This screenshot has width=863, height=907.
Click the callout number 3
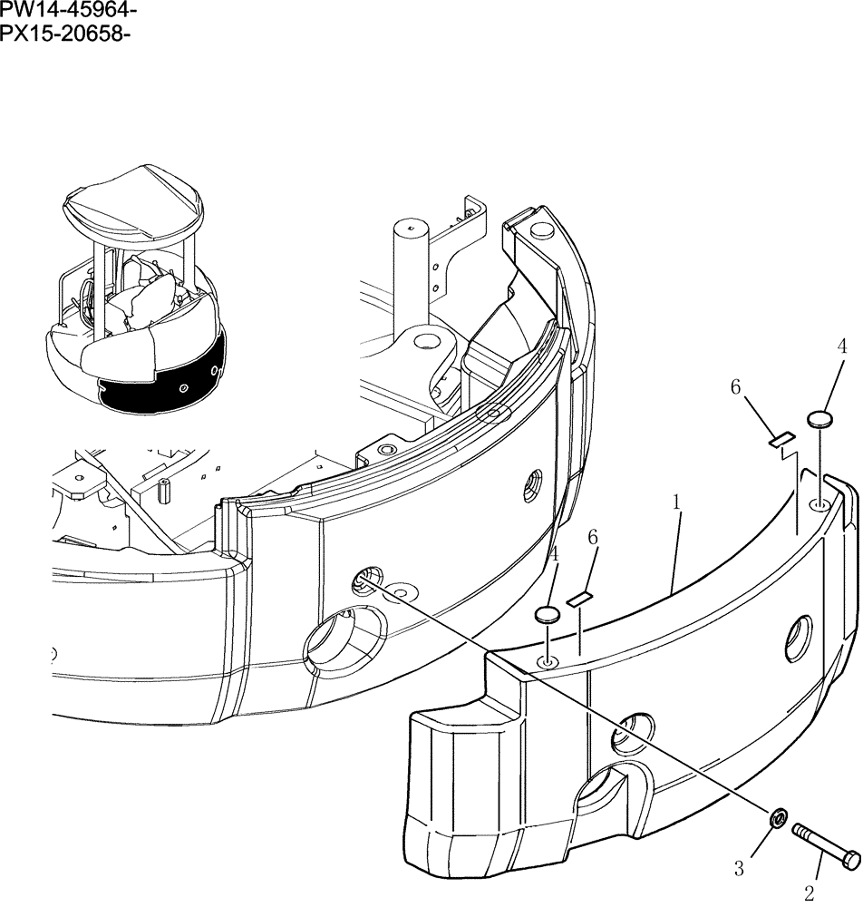click(739, 868)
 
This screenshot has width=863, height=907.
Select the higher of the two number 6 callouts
click(736, 387)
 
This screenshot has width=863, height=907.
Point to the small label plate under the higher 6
click(781, 439)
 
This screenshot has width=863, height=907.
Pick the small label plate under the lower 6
click(577, 599)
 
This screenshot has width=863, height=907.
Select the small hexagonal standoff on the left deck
click(166, 490)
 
